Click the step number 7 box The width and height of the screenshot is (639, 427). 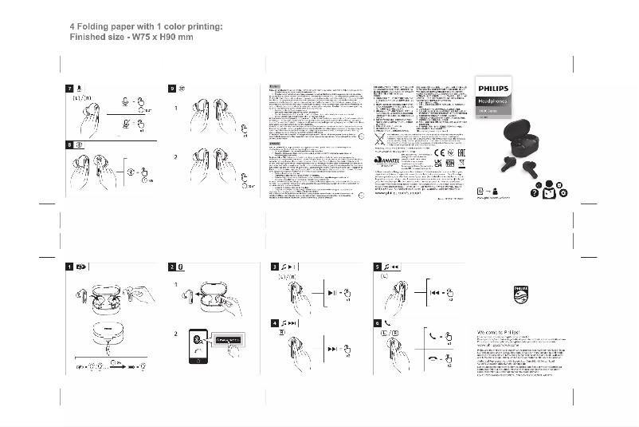69,87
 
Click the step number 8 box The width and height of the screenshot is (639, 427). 69,145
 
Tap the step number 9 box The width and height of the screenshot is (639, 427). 173,87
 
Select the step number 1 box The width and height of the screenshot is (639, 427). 69,267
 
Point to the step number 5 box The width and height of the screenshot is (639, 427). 378,267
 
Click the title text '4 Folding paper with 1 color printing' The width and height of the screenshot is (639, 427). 147,26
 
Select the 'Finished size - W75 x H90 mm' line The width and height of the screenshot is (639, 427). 131,38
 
